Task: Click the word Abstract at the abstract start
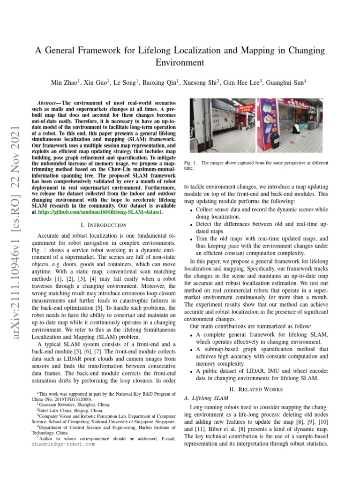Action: point(48,102)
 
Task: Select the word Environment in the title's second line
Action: point(180,62)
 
